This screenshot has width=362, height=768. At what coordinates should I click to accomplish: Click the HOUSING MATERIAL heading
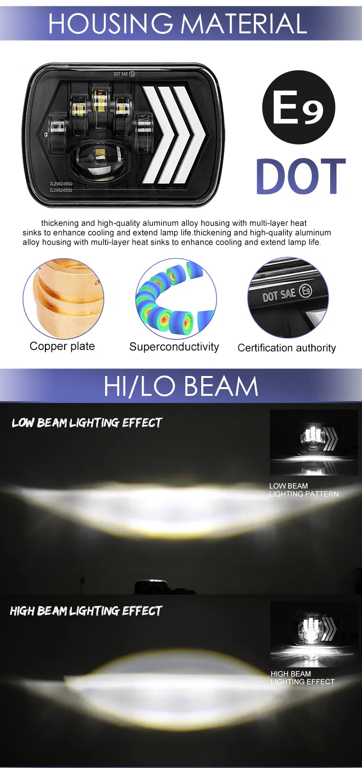178,24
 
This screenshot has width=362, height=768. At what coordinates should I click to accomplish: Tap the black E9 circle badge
298,107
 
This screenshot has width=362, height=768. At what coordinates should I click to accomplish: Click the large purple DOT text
301,176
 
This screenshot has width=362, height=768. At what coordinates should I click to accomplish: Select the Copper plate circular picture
63,298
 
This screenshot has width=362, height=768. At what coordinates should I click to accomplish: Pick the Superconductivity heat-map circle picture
176,298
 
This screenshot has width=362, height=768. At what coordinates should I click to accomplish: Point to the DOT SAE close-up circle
288,298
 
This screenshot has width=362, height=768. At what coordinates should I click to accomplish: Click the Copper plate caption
62,346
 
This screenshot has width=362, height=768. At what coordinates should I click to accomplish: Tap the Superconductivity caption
174,347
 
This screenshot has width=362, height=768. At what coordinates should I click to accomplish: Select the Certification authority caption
287,348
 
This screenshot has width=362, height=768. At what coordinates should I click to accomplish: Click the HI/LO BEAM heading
181,386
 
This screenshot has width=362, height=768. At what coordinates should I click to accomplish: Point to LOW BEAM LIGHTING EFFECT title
87,423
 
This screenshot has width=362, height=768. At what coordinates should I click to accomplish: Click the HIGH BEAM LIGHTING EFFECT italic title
86,611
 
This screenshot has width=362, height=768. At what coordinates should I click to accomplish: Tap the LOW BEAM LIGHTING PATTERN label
304,490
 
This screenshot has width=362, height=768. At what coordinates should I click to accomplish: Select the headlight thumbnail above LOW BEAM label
314,442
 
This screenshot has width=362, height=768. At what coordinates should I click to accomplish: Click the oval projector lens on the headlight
102,161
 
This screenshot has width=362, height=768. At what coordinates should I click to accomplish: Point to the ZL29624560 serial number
61,184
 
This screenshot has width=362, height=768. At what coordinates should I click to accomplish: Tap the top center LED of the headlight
100,102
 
